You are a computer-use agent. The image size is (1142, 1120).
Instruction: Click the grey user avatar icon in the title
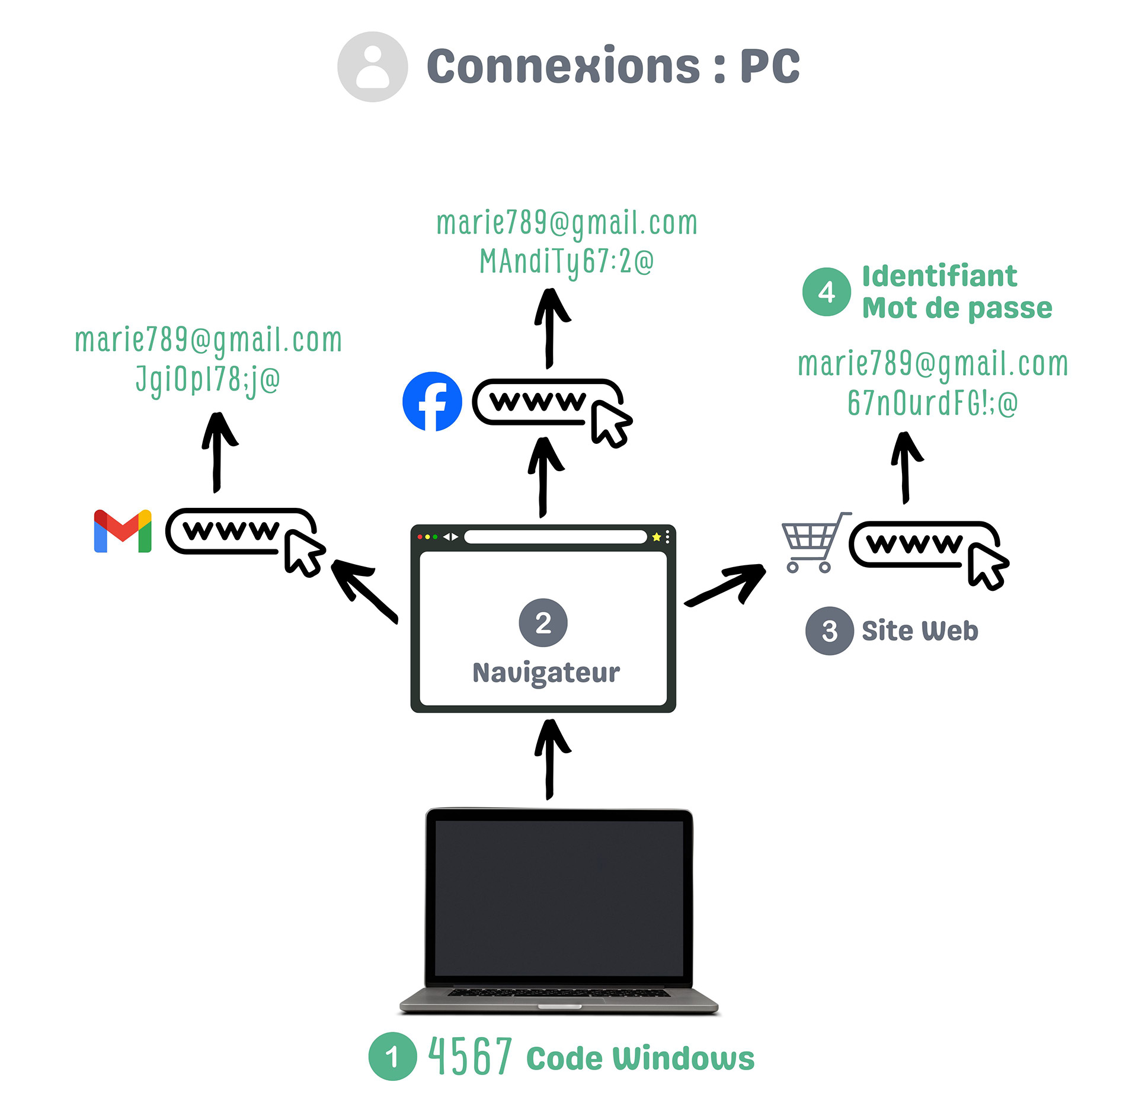(x=372, y=67)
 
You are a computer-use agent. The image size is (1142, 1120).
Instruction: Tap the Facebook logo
(x=432, y=401)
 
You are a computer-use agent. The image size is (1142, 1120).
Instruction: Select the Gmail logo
(x=123, y=530)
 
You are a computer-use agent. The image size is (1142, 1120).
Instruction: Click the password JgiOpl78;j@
(x=208, y=380)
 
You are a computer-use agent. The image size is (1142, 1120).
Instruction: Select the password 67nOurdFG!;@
(x=932, y=403)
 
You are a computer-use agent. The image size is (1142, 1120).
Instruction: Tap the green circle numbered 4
(x=827, y=292)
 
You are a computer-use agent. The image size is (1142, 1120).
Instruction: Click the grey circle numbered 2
(x=543, y=622)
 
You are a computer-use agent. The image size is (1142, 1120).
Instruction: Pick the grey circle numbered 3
(x=830, y=631)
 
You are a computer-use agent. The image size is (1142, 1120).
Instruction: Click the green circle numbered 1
(x=392, y=1056)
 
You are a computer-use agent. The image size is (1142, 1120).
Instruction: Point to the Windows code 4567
(x=470, y=1055)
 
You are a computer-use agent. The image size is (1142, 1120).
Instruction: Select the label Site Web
(x=920, y=631)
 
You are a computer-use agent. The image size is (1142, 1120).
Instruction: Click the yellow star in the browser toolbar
(x=656, y=537)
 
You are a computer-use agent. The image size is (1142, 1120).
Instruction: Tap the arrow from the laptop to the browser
(x=552, y=759)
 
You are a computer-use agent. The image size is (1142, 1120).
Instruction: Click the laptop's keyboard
(x=559, y=992)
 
